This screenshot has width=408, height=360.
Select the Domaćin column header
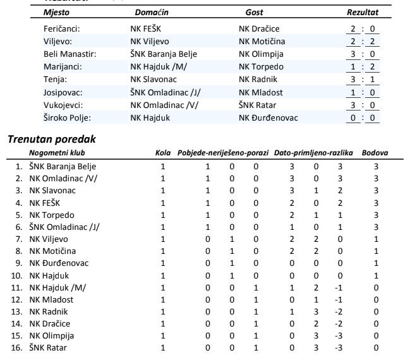click(x=152, y=13)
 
